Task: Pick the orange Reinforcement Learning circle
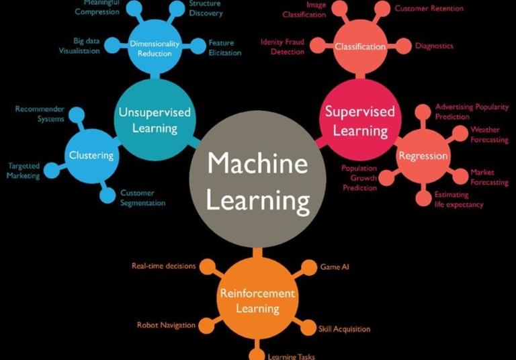257,300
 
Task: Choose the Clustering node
91,155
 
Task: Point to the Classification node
360,46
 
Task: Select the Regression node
423,155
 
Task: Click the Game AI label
335,267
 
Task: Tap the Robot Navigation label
166,325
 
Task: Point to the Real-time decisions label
163,266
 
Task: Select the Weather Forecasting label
489,134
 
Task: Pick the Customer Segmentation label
142,197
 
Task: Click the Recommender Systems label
40,114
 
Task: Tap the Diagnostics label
434,46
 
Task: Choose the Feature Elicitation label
225,47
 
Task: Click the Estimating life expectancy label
458,199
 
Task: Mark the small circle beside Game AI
308,267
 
